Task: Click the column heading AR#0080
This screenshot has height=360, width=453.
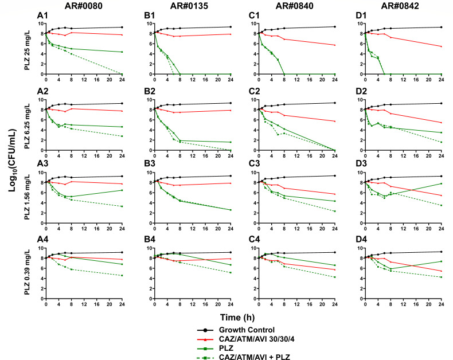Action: coord(83,6)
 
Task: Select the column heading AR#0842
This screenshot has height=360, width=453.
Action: coord(400,6)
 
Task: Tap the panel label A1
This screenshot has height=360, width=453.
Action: coord(42,15)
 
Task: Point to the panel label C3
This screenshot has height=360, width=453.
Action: coord(254,163)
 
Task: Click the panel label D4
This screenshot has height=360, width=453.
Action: coord(361,239)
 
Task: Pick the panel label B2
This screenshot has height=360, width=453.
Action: coord(150,91)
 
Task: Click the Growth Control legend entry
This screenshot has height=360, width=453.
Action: coord(236,330)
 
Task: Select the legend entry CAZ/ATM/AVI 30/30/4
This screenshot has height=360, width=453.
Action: coord(245,339)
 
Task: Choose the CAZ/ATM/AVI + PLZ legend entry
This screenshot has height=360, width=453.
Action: coord(243,357)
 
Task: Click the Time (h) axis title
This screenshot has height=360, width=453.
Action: coord(237,317)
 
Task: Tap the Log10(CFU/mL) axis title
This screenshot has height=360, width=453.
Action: coord(13,161)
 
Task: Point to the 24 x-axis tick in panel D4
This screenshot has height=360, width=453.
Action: coord(442,304)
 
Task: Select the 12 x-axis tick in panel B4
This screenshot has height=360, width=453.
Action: coord(193,304)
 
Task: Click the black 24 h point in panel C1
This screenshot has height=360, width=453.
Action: coord(335,26)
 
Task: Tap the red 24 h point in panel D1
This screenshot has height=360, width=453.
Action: coord(442,46)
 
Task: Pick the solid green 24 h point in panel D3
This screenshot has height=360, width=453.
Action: coord(442,183)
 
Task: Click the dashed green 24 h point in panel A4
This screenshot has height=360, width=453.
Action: coord(122,275)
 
